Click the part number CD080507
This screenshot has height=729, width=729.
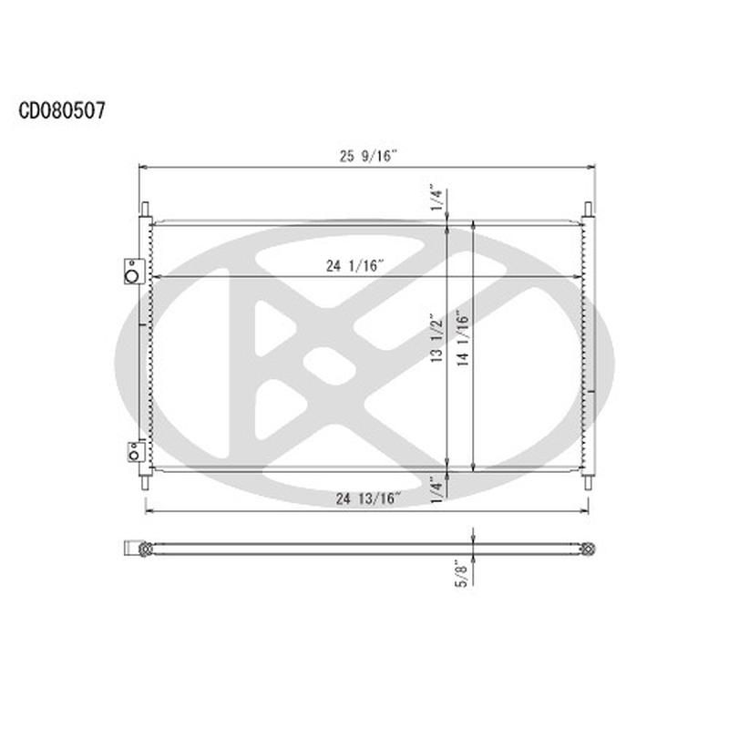point(62,111)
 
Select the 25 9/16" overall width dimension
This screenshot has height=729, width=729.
point(368,156)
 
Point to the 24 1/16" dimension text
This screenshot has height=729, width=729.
point(355,266)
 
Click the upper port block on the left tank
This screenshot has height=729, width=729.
point(133,271)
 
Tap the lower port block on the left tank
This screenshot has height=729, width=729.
point(133,450)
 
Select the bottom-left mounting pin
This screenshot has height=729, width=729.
point(144,482)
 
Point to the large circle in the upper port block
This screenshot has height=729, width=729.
point(134,273)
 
